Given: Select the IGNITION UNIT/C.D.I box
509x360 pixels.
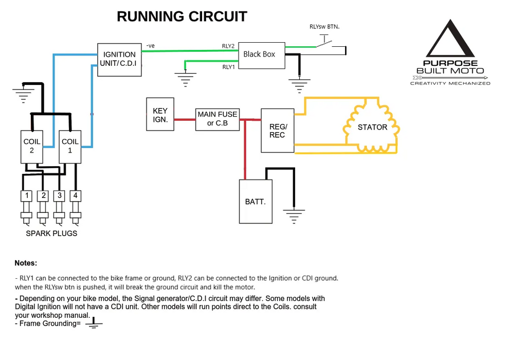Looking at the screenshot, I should click(119, 60).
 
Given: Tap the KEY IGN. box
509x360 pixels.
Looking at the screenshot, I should click(160, 115).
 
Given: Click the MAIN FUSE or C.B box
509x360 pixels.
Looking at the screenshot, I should click(217, 119).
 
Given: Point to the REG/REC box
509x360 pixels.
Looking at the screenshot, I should click(278, 131).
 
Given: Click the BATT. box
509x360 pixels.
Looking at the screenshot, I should click(256, 201).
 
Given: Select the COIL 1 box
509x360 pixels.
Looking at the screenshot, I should click(70, 146).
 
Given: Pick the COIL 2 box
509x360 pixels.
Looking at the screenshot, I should click(31, 146).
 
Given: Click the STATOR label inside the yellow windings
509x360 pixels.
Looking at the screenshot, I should click(372, 128).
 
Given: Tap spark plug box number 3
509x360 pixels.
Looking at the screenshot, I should click(60, 195).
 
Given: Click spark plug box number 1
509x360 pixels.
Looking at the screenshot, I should click(27, 195).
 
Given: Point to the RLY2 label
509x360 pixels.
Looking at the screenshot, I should click(228, 46).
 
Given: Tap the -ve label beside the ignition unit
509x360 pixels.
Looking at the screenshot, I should click(150, 46).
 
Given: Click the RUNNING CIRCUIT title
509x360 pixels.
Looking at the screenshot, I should click(182, 16).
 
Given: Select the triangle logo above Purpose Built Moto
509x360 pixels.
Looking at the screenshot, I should click(450, 40).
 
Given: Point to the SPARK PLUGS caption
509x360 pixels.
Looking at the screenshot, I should click(51, 233).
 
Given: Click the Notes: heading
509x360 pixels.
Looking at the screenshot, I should click(26, 263).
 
